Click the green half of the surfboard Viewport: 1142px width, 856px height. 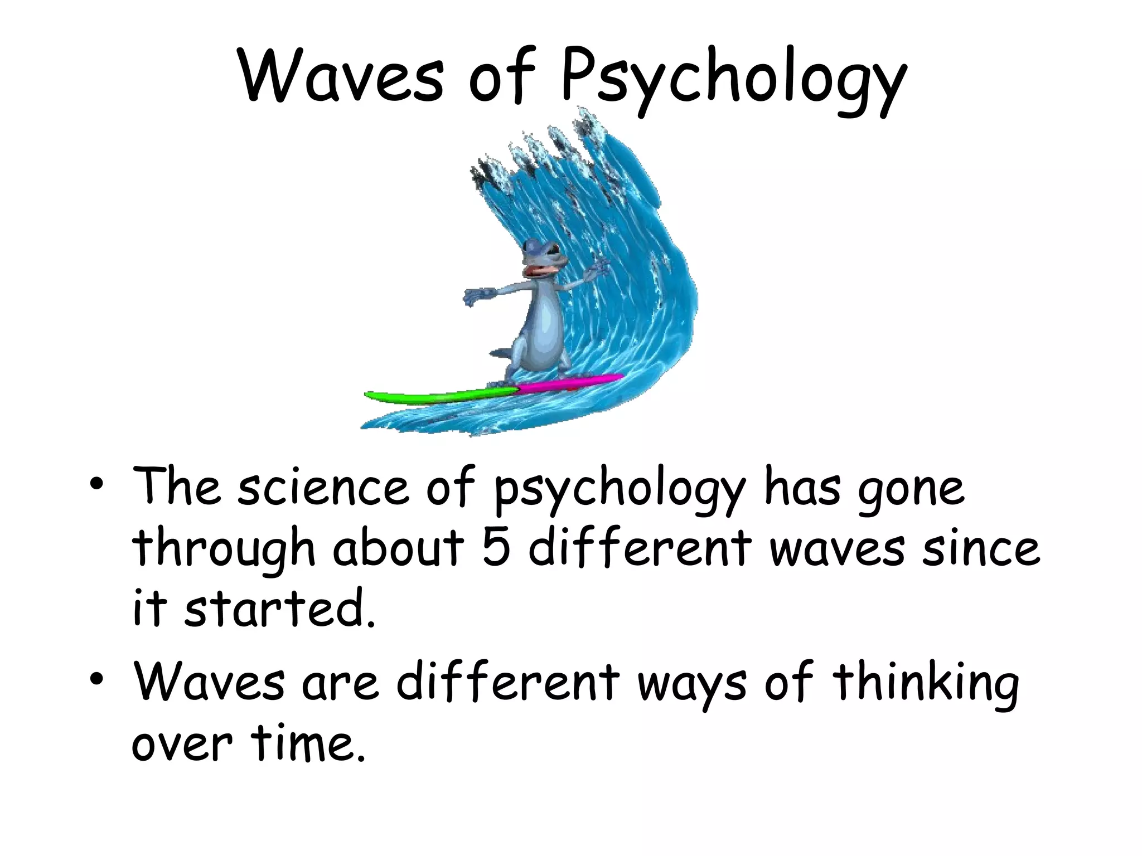click(x=441, y=396)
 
